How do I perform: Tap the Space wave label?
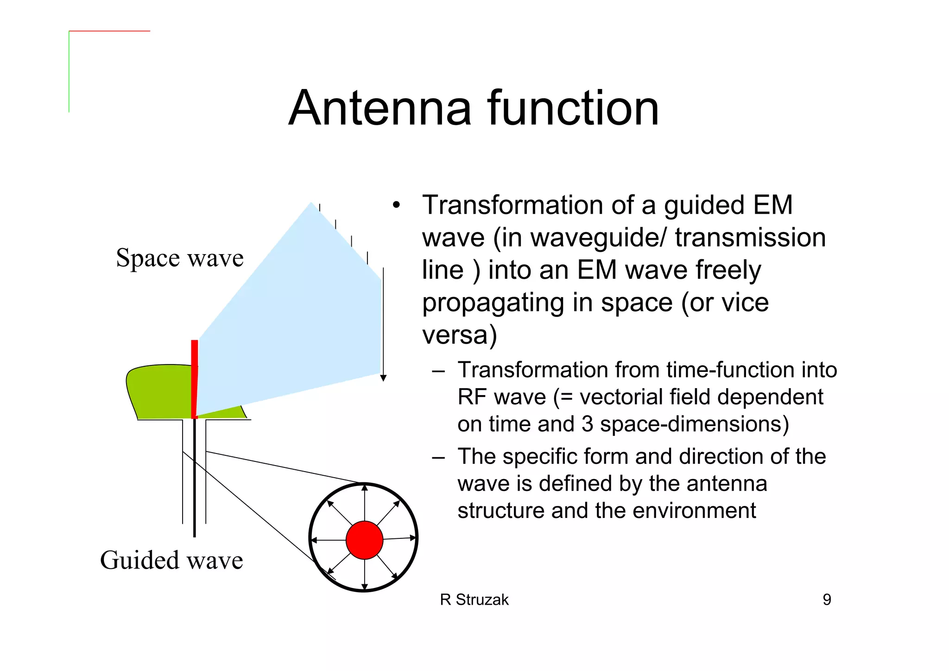[180, 258]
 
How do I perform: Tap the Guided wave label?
[171, 560]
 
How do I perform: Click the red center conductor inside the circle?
[364, 540]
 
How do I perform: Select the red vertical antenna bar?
[195, 378]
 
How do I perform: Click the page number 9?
[827, 600]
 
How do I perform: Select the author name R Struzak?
[474, 600]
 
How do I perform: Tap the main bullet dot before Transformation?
[395, 205]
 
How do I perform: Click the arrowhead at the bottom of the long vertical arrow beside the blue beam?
[383, 378]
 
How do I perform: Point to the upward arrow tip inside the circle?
[365, 487]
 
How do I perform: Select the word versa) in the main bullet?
[459, 335]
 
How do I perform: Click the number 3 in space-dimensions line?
[587, 424]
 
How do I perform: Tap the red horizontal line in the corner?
[109, 31]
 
